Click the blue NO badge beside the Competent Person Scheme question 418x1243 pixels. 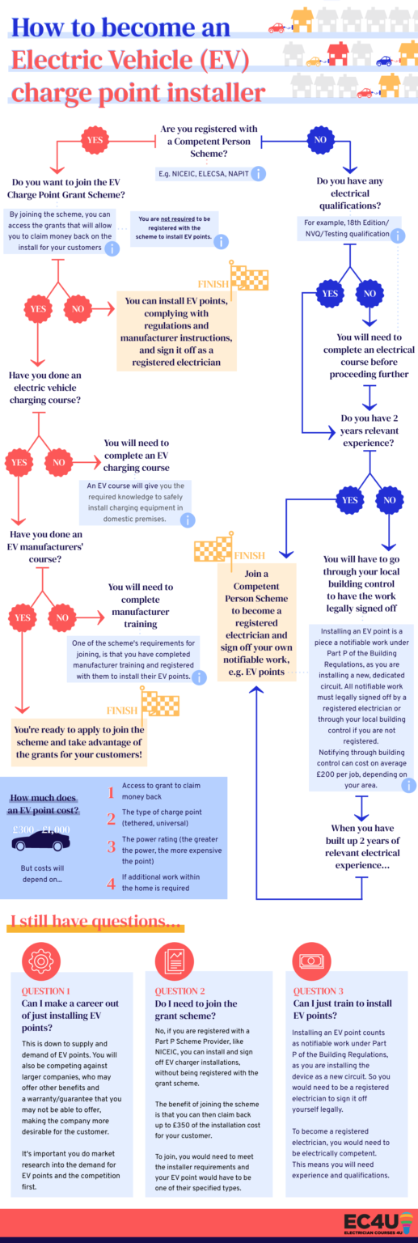[x=320, y=140]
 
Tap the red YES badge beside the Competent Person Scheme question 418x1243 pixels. [x=95, y=140]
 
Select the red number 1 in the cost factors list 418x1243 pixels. [x=112, y=792]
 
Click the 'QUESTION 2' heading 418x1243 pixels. [x=180, y=991]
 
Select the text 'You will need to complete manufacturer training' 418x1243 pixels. [x=141, y=605]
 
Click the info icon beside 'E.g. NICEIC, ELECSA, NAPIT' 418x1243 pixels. [x=258, y=173]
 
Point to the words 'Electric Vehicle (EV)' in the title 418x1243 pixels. [x=129, y=59]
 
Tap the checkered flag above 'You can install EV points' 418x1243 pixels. [x=250, y=278]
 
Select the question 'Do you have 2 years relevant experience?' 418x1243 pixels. [x=369, y=431]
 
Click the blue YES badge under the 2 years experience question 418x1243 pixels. [x=349, y=500]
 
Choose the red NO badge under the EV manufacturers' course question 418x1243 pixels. [x=62, y=617]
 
